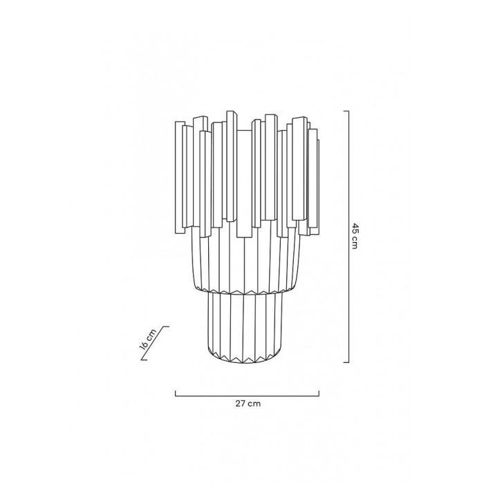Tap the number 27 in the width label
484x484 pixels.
240,403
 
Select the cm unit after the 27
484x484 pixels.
254,404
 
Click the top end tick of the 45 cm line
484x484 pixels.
346,111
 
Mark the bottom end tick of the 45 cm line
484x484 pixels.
346,362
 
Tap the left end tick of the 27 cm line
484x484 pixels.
176,393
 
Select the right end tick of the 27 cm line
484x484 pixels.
319,393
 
